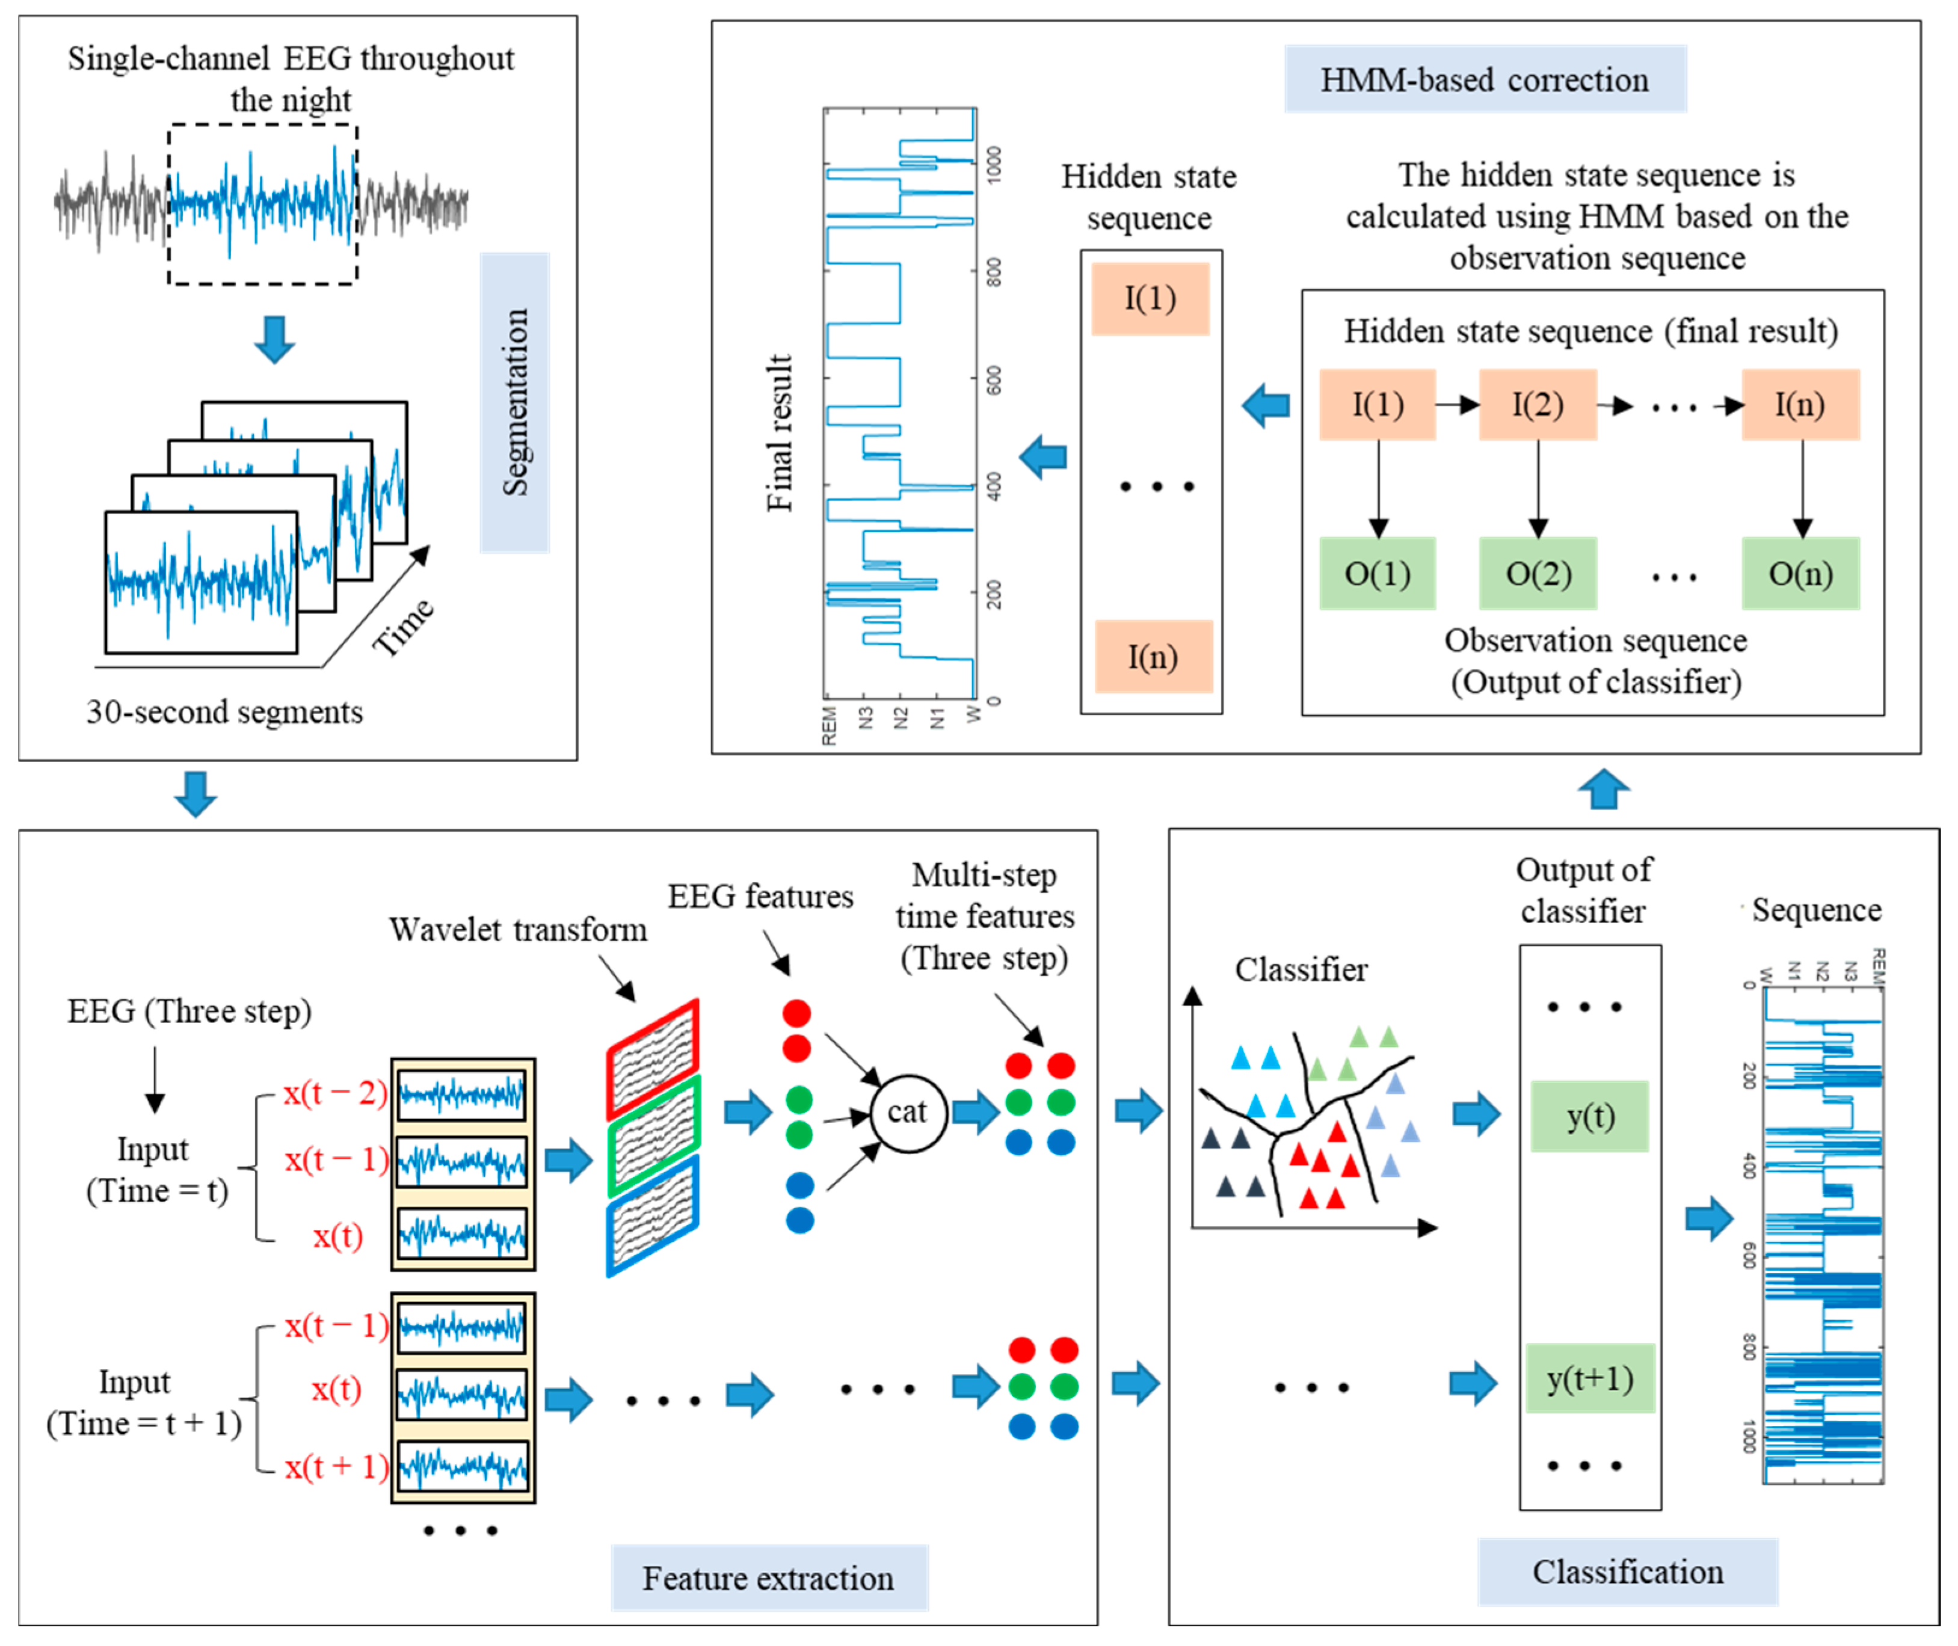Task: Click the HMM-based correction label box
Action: pyautogui.click(x=1484, y=79)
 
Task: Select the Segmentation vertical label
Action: pyautogui.click(x=514, y=402)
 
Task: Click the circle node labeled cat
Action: pyautogui.click(x=907, y=1111)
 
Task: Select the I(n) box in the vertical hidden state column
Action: pyautogui.click(x=1153, y=657)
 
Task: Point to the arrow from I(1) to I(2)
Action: pyautogui.click(x=1457, y=404)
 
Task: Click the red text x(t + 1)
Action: pyautogui.click(x=336, y=1467)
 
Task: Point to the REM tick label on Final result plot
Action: pyautogui.click(x=829, y=726)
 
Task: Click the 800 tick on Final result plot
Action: pyautogui.click(x=993, y=272)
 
